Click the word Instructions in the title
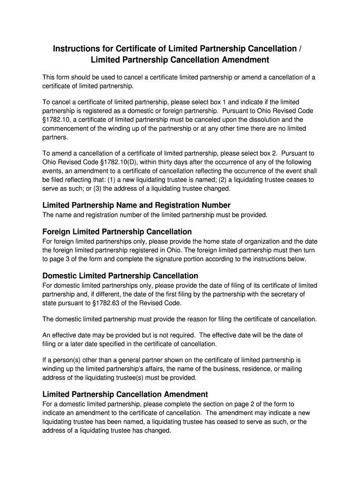click(x=77, y=49)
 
